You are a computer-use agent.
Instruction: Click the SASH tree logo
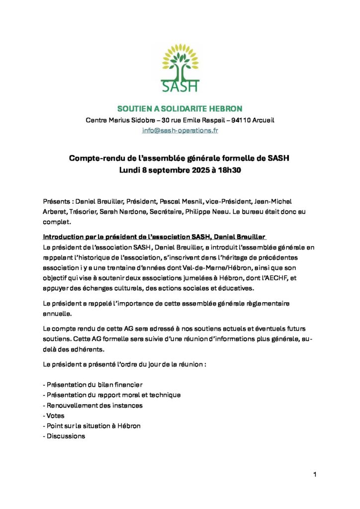click(x=180, y=68)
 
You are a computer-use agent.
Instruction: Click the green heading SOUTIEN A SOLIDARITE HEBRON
click(x=180, y=108)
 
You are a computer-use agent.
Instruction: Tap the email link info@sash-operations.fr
click(x=180, y=130)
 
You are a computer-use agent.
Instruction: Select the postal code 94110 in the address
click(x=236, y=120)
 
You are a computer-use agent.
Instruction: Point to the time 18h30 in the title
click(x=229, y=170)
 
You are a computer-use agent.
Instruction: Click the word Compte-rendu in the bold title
click(x=91, y=159)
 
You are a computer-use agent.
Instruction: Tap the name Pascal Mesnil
click(x=180, y=201)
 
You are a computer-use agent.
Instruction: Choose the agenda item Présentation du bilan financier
click(x=93, y=385)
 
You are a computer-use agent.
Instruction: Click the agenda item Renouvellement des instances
click(x=93, y=405)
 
